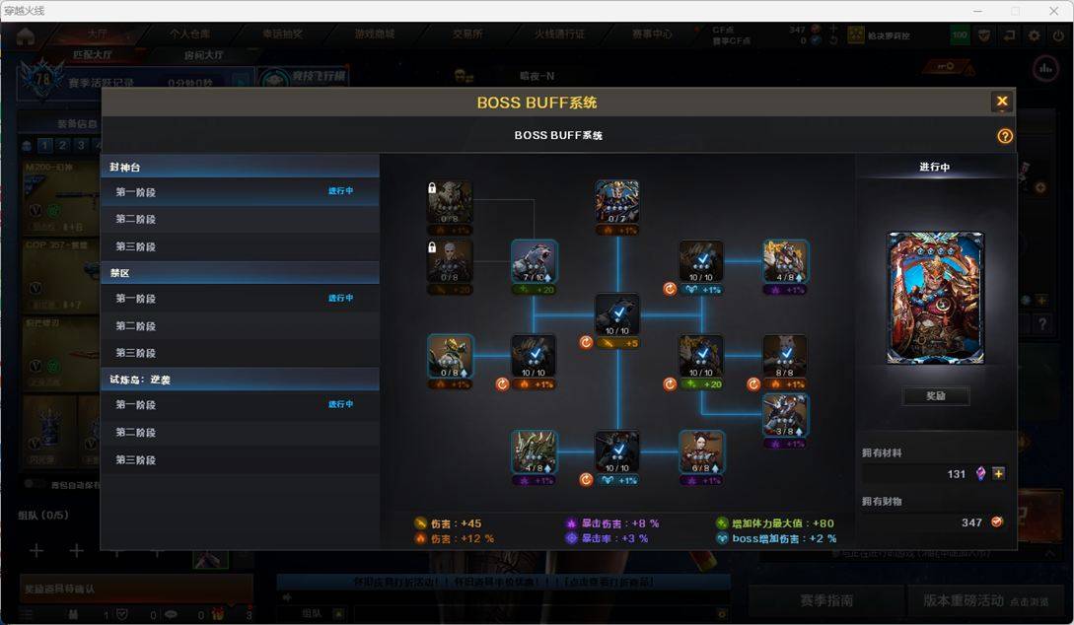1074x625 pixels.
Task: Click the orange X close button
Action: (x=1002, y=102)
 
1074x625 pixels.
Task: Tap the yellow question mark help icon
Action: (x=1005, y=136)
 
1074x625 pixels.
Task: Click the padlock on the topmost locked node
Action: (x=433, y=187)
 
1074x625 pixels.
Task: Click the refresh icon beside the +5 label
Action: (x=585, y=343)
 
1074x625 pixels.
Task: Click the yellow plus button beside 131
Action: (x=998, y=474)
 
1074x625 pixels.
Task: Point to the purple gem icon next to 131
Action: (x=980, y=474)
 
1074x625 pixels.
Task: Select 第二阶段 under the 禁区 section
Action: (x=135, y=325)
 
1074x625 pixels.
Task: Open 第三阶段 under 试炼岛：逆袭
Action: (x=135, y=459)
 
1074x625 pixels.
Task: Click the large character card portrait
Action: (x=935, y=298)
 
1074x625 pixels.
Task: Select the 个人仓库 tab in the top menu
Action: (x=188, y=34)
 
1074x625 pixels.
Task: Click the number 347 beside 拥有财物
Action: (x=971, y=522)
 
